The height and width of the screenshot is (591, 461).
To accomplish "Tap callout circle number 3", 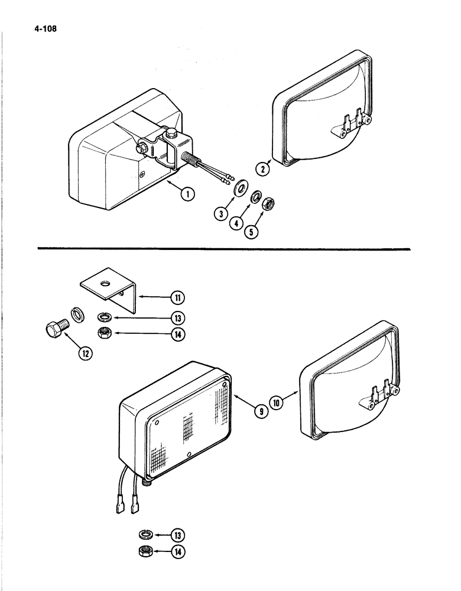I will point(220,214).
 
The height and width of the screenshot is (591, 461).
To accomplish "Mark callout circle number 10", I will point(278,402).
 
